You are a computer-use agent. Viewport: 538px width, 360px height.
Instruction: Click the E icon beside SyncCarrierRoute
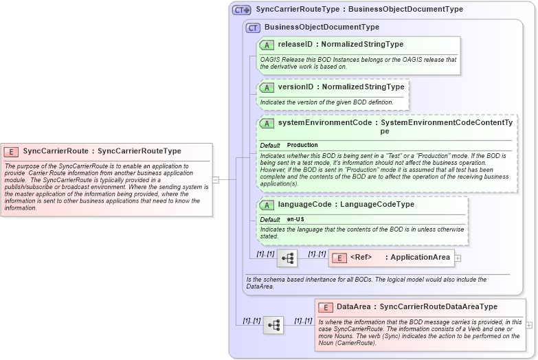(12, 151)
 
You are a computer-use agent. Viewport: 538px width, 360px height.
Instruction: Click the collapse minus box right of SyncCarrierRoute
(216, 179)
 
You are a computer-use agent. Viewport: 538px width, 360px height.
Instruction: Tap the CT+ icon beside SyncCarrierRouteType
(242, 10)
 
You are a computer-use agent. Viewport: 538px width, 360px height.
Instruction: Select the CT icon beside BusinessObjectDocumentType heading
(254, 27)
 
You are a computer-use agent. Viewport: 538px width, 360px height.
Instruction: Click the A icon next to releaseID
(267, 44)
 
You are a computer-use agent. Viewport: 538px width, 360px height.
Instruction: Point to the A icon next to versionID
(267, 87)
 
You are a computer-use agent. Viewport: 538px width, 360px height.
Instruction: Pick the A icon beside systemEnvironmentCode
(267, 123)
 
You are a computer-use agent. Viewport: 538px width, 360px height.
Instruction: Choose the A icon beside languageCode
(267, 204)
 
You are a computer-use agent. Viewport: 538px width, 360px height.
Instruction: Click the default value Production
(302, 145)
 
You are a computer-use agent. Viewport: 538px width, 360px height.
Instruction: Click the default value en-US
(296, 219)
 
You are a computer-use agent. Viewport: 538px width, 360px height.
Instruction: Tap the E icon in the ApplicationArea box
(339, 258)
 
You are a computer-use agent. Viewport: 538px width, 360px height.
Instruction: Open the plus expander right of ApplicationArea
(458, 258)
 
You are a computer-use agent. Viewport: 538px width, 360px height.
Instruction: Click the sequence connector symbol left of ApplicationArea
(287, 258)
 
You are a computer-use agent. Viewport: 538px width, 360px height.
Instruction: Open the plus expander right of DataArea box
(529, 325)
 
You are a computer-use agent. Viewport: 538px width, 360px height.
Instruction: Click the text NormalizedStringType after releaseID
(362, 44)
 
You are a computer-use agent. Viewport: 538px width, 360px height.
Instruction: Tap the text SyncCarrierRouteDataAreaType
(438, 306)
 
